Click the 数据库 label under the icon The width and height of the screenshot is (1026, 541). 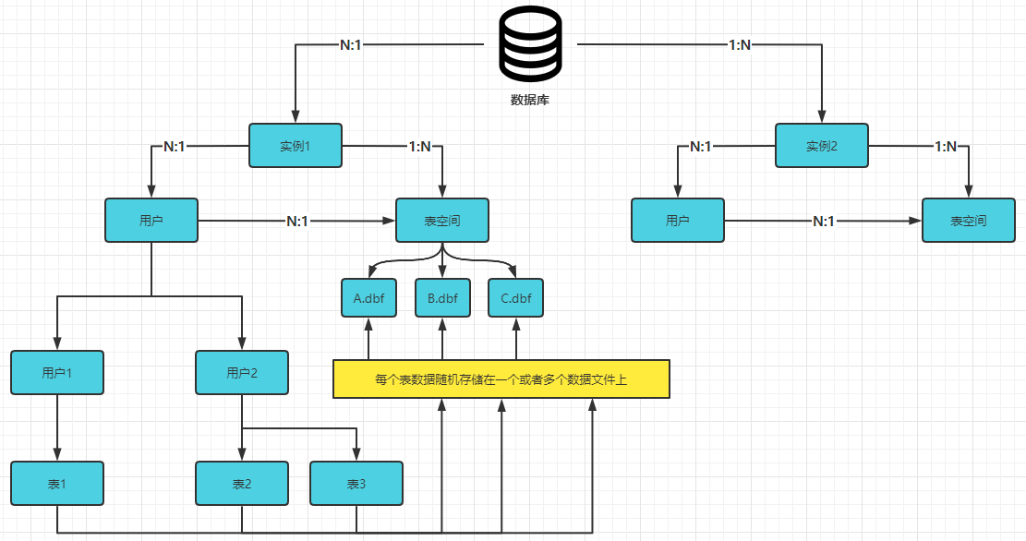(530, 100)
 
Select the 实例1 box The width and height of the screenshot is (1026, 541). (296, 145)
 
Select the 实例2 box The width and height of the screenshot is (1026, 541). (822, 145)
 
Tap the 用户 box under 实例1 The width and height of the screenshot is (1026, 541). (151, 221)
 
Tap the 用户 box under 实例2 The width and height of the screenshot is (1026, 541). (678, 221)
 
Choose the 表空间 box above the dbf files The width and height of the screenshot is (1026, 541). (442, 221)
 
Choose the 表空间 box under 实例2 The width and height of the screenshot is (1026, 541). (969, 221)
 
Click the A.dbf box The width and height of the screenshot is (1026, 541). (369, 298)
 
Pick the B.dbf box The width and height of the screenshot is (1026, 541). (443, 298)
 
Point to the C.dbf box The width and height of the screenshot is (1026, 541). (516, 298)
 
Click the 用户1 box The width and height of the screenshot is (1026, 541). (57, 373)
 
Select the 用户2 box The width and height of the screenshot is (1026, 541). (242, 373)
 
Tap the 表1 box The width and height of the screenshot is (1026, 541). (57, 484)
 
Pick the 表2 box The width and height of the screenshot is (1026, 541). (242, 484)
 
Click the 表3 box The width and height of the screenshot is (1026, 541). (356, 484)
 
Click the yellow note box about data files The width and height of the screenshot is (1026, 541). (501, 379)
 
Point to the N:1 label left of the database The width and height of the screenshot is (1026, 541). (351, 45)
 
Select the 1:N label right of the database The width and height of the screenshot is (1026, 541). (740, 45)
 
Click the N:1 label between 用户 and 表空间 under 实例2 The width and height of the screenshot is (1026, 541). (824, 222)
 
